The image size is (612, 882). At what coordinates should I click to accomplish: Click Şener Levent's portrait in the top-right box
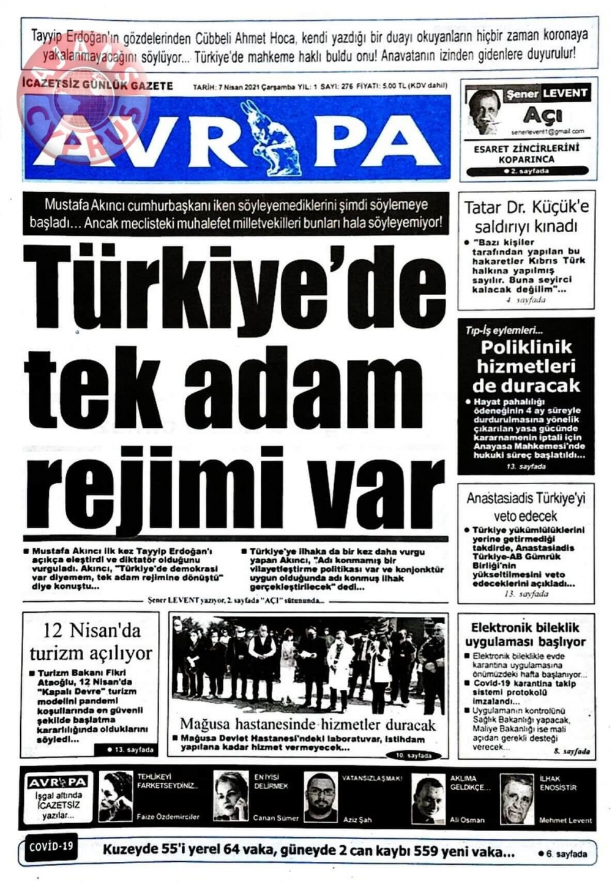(x=484, y=111)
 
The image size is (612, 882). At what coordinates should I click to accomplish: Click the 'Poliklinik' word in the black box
(x=526, y=347)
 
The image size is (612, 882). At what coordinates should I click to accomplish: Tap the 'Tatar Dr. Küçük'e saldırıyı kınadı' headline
(x=526, y=216)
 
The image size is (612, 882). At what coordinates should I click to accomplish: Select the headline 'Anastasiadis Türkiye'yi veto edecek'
(x=526, y=506)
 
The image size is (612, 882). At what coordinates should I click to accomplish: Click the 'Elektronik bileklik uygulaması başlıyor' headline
(x=526, y=634)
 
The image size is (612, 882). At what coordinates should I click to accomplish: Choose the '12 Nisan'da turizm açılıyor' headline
(x=91, y=641)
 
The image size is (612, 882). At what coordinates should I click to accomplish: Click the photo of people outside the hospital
(x=308, y=664)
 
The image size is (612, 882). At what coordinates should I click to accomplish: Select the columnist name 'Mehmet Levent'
(x=565, y=820)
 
